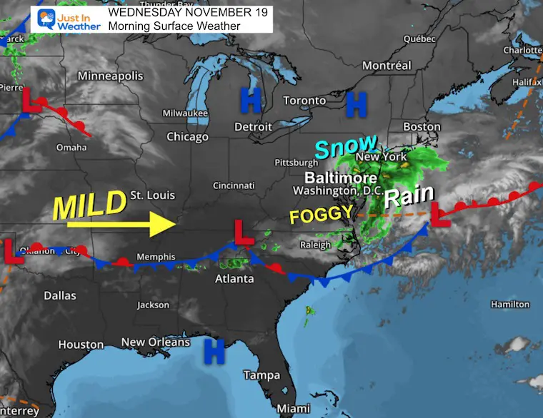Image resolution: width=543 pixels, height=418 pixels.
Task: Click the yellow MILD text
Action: (90, 205)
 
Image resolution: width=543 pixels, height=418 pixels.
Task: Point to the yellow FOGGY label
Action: (321, 213)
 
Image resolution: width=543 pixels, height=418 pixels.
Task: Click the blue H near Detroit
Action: (250, 101)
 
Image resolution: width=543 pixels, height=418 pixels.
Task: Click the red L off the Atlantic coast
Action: (439, 217)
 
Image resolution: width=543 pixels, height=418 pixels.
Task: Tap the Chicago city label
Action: (187, 136)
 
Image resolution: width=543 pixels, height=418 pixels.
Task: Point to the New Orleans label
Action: (155, 342)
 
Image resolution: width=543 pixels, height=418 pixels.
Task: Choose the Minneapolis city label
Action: (110, 76)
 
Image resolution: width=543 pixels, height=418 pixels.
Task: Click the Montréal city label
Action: (387, 65)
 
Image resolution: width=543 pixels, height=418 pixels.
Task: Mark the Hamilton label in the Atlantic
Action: (510, 305)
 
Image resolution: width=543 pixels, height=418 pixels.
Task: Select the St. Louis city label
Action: (152, 195)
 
